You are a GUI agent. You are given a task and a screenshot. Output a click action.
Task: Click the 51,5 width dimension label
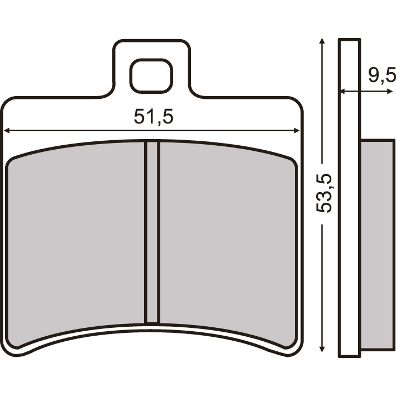tap(153, 116)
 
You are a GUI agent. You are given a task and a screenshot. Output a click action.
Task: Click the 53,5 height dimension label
tap(323, 193)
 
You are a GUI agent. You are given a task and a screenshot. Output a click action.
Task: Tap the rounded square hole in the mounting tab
tap(151, 75)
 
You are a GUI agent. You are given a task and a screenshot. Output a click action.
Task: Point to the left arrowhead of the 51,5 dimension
tap(7, 131)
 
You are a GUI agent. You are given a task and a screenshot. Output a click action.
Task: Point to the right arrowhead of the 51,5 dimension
tap(297, 130)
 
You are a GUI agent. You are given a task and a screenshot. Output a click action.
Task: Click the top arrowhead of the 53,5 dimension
tap(321, 41)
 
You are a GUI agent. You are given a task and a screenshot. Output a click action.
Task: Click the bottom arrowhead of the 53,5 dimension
tap(322, 349)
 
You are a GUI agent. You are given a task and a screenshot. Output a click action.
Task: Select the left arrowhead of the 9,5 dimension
tap(343, 91)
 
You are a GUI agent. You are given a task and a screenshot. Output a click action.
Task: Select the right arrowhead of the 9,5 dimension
tap(390, 91)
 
